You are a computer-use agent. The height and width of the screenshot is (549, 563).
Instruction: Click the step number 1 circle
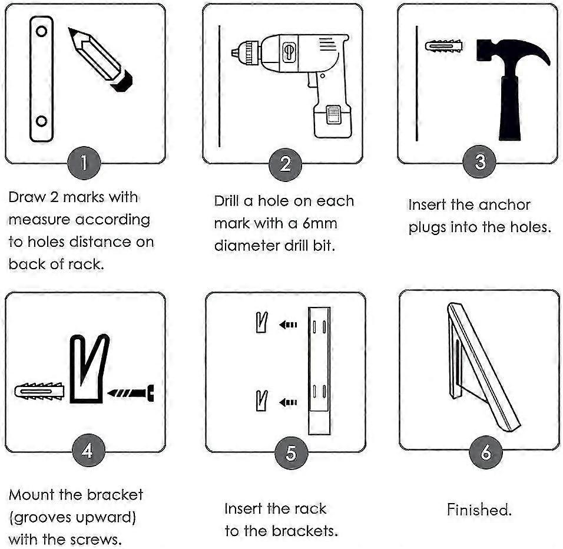[x=85, y=163]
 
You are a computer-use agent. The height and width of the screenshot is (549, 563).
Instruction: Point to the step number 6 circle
[x=486, y=452]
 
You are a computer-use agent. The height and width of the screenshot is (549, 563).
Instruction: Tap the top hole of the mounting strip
[x=41, y=32]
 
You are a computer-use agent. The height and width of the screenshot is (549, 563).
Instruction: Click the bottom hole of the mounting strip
[x=41, y=121]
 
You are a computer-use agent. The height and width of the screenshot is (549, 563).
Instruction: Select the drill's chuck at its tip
[x=243, y=51]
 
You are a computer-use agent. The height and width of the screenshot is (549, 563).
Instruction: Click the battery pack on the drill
[x=331, y=120]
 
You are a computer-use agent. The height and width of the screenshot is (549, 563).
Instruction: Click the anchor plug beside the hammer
[x=443, y=46]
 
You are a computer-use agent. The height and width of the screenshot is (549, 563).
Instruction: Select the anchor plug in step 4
[x=38, y=391]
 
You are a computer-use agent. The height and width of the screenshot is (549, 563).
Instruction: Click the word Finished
[x=479, y=510]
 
